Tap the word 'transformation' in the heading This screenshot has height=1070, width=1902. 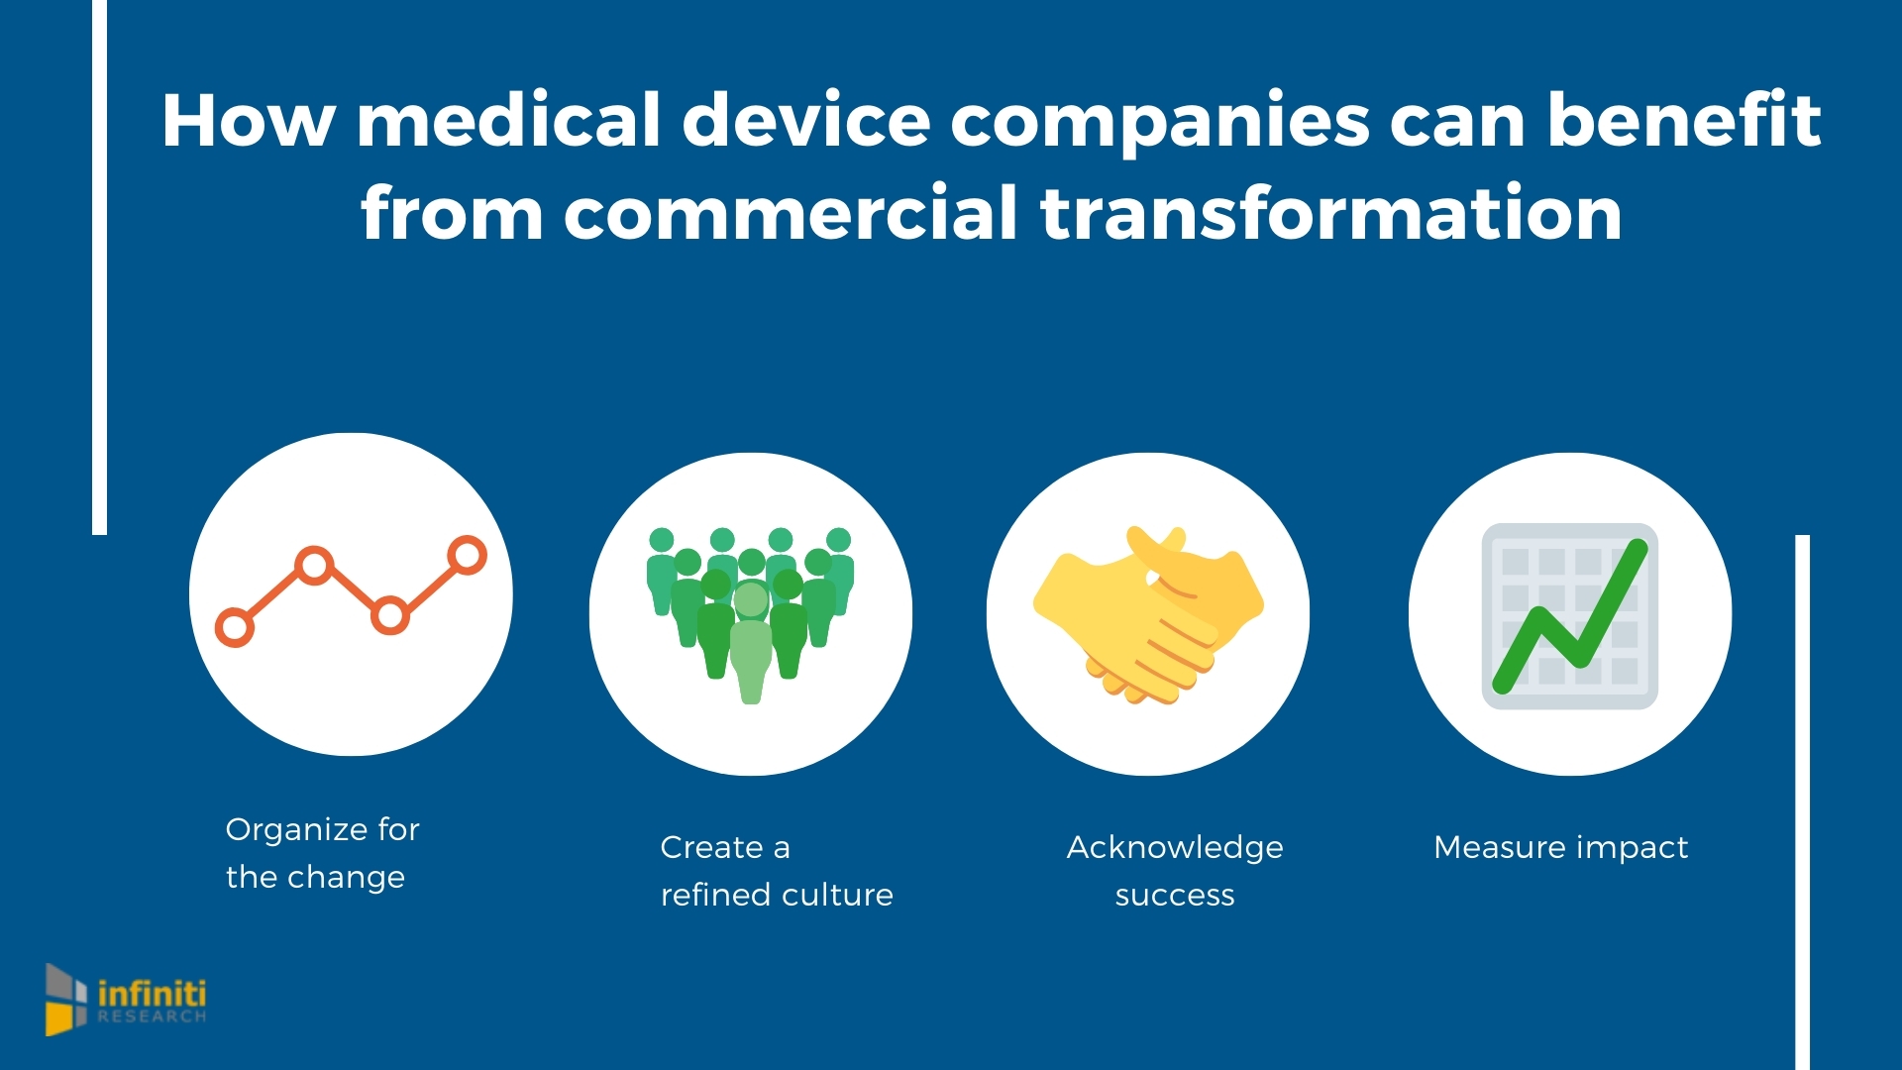[x=1331, y=212]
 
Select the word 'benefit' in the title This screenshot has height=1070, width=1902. [x=1684, y=120]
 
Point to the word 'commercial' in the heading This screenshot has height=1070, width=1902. [x=791, y=212]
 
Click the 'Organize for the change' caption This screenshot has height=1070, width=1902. [x=322, y=852]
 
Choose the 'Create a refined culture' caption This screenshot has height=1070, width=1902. [x=777, y=871]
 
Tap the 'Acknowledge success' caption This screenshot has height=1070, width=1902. [x=1175, y=871]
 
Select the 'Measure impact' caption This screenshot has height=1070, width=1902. [x=1560, y=847]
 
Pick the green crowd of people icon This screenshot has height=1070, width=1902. [x=750, y=614]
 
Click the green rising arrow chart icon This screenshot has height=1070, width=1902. [x=1570, y=615]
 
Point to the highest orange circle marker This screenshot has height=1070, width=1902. [x=467, y=556]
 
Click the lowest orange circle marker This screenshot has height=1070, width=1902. [x=235, y=628]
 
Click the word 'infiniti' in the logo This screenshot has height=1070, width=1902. [x=152, y=993]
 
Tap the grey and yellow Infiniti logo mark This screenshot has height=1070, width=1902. [x=65, y=1000]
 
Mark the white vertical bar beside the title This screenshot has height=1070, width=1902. [x=99, y=267]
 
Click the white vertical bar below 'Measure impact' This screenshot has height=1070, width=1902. [x=1802, y=802]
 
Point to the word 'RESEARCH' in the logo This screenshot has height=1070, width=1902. [x=152, y=1017]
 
